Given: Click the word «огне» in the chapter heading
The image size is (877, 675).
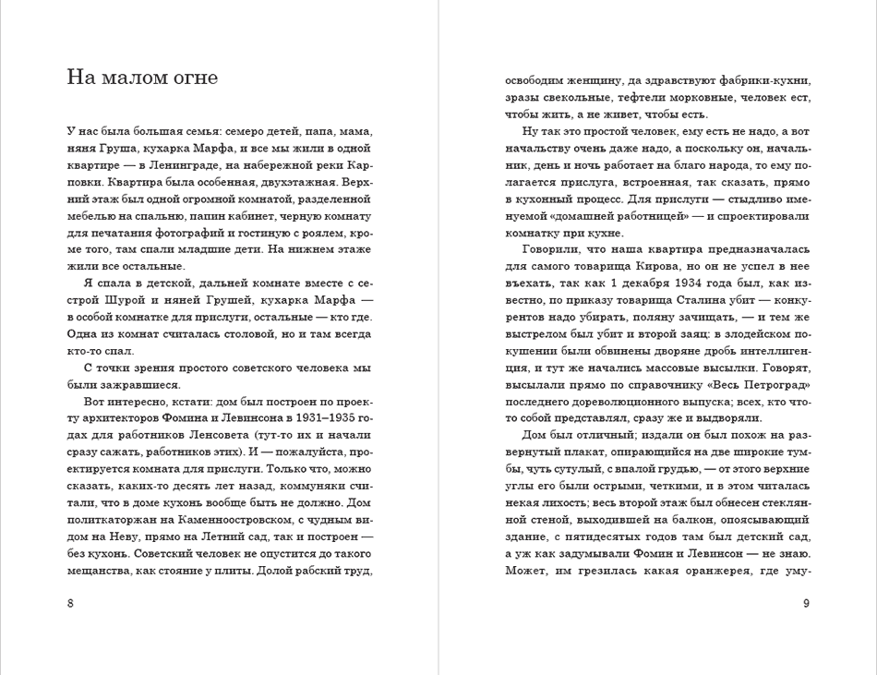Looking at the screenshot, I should [193, 78].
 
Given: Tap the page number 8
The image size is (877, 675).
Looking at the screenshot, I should [71, 604].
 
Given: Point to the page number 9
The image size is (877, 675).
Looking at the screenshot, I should [806, 604].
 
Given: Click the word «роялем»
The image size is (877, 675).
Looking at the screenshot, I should [326, 232].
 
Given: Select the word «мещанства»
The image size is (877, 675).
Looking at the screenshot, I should [102, 571].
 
